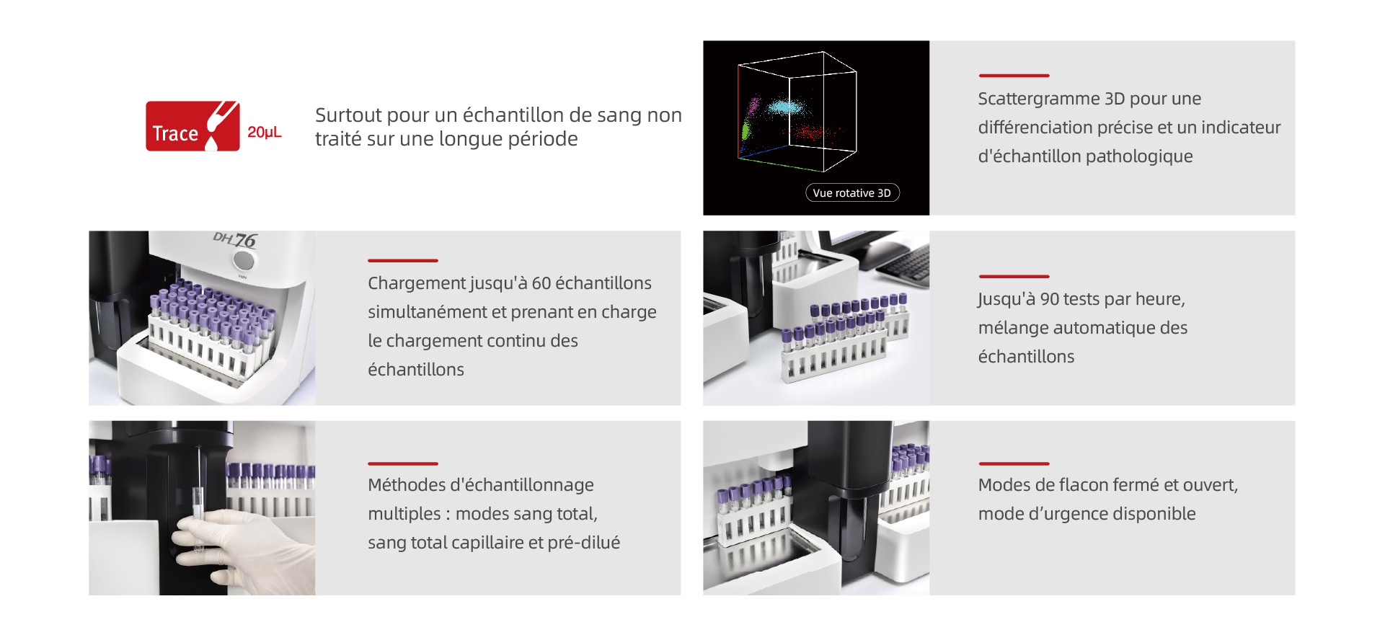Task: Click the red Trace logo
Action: tap(193, 126)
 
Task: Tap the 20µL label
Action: tap(265, 133)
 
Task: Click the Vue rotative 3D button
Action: tap(852, 192)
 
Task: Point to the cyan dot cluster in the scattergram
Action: tap(785, 108)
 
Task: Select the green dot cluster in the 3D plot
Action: tap(745, 130)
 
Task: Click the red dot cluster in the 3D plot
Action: tap(813, 132)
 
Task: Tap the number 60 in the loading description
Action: tap(541, 283)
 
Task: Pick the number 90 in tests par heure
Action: tap(1050, 299)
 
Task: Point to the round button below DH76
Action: tap(244, 260)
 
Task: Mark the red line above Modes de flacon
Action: tap(1014, 463)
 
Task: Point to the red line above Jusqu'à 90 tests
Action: tap(1014, 276)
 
